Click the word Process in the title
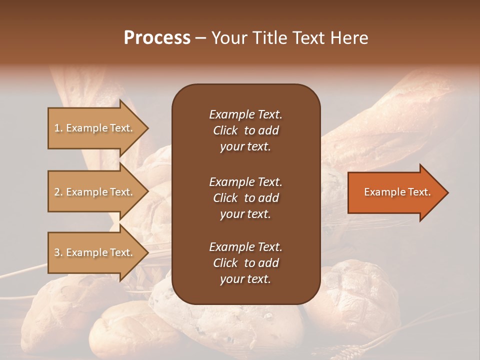[157, 38]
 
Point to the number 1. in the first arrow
[58, 128]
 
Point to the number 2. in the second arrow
[58, 192]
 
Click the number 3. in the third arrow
[58, 252]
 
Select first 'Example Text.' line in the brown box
[245, 114]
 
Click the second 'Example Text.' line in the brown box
[245, 181]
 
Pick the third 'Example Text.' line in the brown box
[245, 247]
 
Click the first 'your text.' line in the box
[245, 147]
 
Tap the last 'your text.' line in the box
[245, 279]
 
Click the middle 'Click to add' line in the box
[245, 198]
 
